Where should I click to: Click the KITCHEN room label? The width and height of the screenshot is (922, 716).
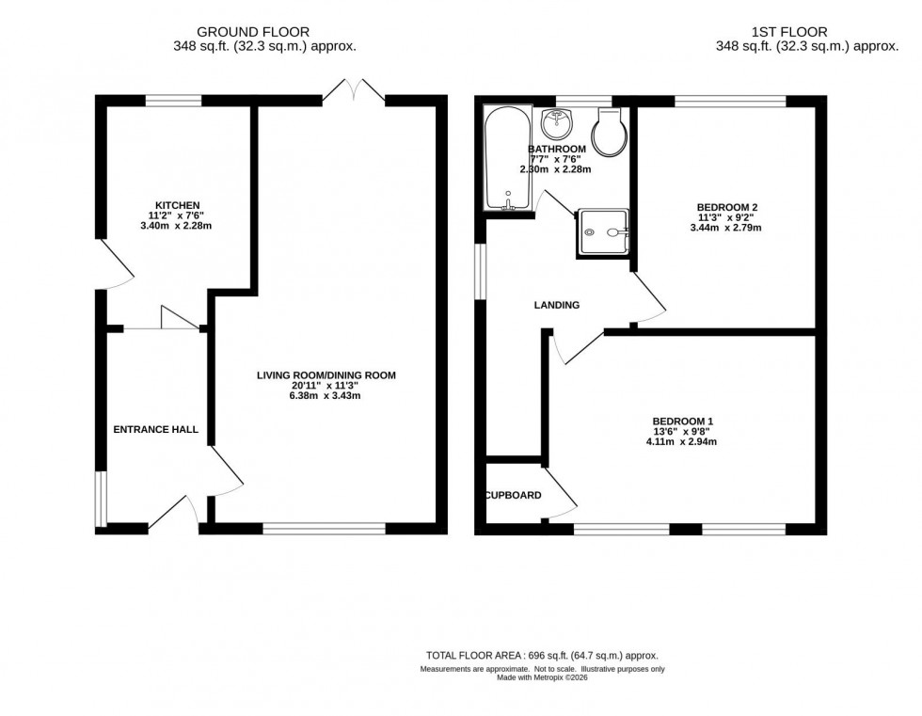[x=178, y=205]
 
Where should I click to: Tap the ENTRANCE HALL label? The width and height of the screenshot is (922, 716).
[x=156, y=429]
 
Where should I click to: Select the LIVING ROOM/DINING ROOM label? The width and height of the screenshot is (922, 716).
[x=326, y=375]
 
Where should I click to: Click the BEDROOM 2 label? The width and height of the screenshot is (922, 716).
[x=727, y=207]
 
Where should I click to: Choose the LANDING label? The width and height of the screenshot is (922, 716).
[x=557, y=305]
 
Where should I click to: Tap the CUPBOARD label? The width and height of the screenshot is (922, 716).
[x=513, y=495]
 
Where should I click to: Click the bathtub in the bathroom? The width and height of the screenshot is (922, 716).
[x=506, y=158]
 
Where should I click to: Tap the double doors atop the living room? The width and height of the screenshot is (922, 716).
[x=353, y=90]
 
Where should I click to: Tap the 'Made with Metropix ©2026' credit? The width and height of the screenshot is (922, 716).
[x=542, y=679]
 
